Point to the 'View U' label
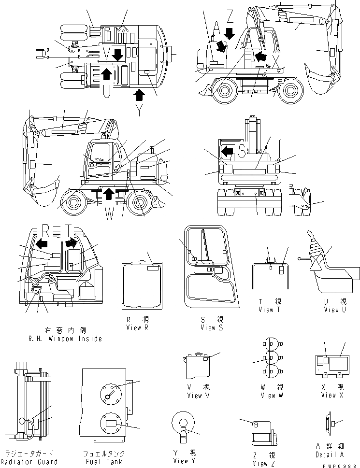pos(335,310)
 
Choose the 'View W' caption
pos(268,396)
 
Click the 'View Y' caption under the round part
pos(184,461)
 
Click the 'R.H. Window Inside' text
pos(65,339)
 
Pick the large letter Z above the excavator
pos(230,17)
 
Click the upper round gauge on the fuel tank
pos(111,394)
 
